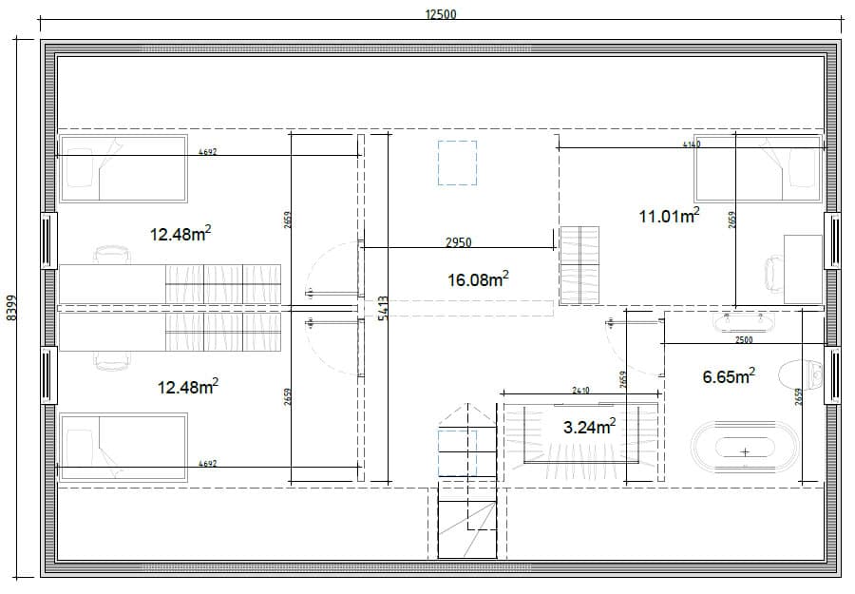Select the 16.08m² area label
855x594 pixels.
pyautogui.click(x=477, y=279)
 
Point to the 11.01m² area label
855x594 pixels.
pyautogui.click(x=669, y=217)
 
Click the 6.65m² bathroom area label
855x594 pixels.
pyautogui.click(x=729, y=376)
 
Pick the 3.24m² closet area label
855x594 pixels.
pyautogui.click(x=589, y=427)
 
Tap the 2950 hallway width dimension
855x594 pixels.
pyautogui.click(x=459, y=242)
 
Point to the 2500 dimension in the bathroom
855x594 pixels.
pyautogui.click(x=744, y=339)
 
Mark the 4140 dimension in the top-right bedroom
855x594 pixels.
pyautogui.click(x=691, y=144)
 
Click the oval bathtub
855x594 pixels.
pyautogui.click(x=745, y=451)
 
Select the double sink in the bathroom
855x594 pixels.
pyautogui.click(x=744, y=321)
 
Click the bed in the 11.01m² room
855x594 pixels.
pyautogui.click(x=757, y=168)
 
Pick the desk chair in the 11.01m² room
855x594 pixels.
pyautogui.click(x=771, y=274)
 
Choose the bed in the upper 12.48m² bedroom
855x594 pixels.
pyautogui.click(x=123, y=168)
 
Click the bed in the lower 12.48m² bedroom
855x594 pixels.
pyautogui.click(x=123, y=446)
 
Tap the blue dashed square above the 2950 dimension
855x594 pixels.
pyautogui.click(x=457, y=162)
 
